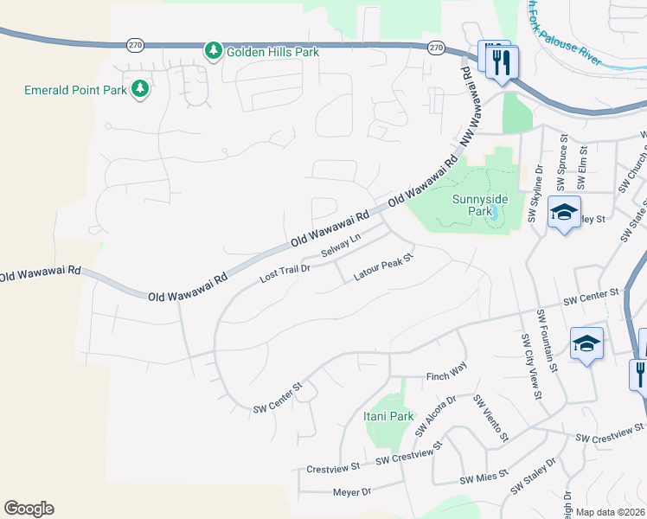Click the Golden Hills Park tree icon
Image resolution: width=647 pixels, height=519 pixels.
[213, 52]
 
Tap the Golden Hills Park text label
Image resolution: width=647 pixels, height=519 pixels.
[272, 52]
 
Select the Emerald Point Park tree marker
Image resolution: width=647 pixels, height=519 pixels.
[138, 89]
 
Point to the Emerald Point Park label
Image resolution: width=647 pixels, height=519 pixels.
[74, 89]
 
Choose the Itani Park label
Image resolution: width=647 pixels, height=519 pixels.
[388, 416]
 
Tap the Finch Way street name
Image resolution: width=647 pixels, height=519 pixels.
[446, 377]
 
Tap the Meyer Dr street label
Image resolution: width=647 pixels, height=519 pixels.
[351, 492]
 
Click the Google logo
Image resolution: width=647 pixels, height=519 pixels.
[29, 509]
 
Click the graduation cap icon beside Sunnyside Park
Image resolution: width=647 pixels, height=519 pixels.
[564, 212]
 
